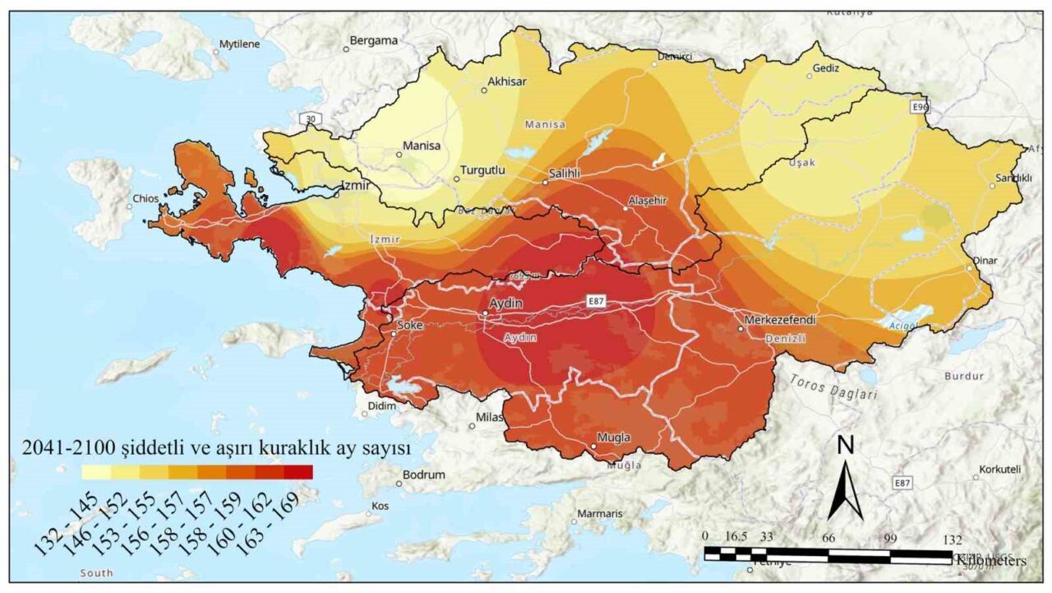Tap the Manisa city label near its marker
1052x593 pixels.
click(421, 146)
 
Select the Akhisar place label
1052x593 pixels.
click(506, 81)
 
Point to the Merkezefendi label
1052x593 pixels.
click(779, 319)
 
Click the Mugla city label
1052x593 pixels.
click(613, 438)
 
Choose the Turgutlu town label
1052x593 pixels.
click(481, 169)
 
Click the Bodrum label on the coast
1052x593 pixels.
click(424, 475)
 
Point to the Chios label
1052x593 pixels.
click(146, 198)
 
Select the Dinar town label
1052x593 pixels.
click(985, 261)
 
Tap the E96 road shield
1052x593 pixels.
click(920, 108)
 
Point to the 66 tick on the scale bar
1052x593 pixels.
click(828, 538)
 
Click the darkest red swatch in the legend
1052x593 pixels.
click(298, 472)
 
